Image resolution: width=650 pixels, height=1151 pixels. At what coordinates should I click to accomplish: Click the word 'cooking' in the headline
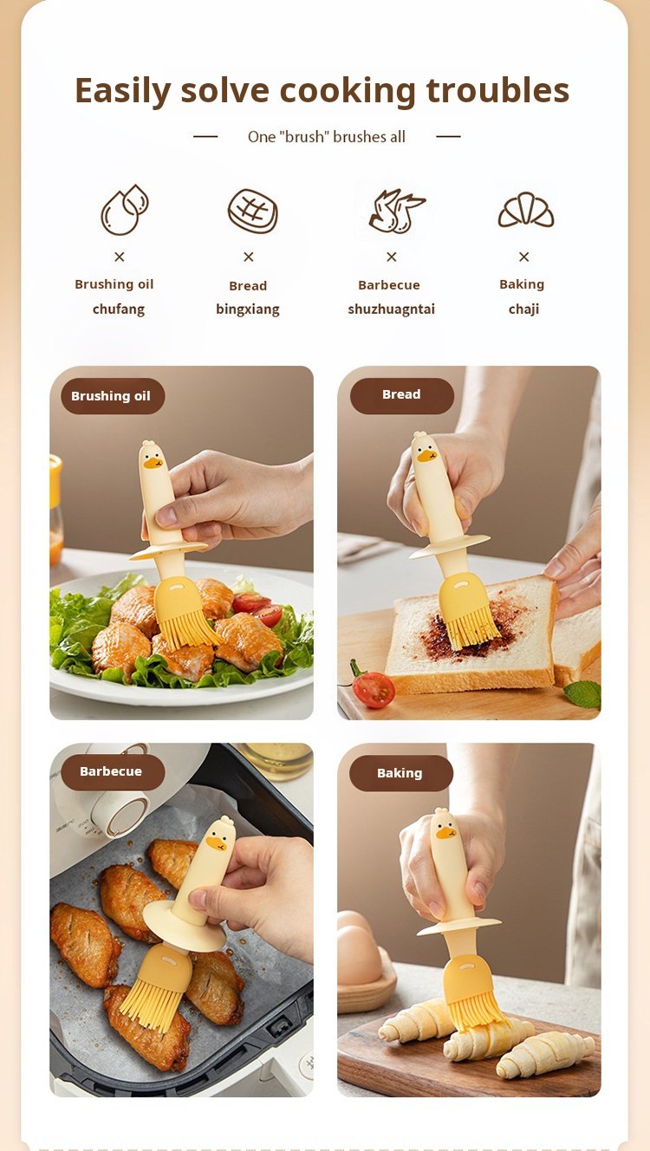pos(348,92)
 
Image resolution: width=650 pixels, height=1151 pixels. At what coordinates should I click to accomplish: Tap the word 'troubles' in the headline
pos(498,90)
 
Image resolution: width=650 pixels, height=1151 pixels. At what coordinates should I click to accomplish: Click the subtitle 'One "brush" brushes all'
pos(326,137)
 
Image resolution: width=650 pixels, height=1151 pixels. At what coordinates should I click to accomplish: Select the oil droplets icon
pos(124,210)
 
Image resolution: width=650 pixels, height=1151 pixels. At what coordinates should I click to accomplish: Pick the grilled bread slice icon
pos(253,211)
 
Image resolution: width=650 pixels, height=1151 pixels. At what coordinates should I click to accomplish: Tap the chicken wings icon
pos(397,211)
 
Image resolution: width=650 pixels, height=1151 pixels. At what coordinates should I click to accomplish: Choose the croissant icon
pos(526,210)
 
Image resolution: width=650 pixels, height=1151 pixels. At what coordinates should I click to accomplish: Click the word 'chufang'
pos(119,309)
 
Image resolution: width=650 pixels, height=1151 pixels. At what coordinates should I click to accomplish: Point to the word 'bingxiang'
pos(248,309)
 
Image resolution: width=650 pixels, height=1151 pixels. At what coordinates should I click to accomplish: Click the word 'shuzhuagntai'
pos(391,309)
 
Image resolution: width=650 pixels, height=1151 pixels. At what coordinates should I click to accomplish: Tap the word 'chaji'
pos(523,309)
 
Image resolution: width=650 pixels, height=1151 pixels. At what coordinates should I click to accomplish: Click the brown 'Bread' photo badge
pos(402,395)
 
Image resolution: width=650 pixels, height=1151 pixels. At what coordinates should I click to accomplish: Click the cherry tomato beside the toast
pos(373,688)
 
